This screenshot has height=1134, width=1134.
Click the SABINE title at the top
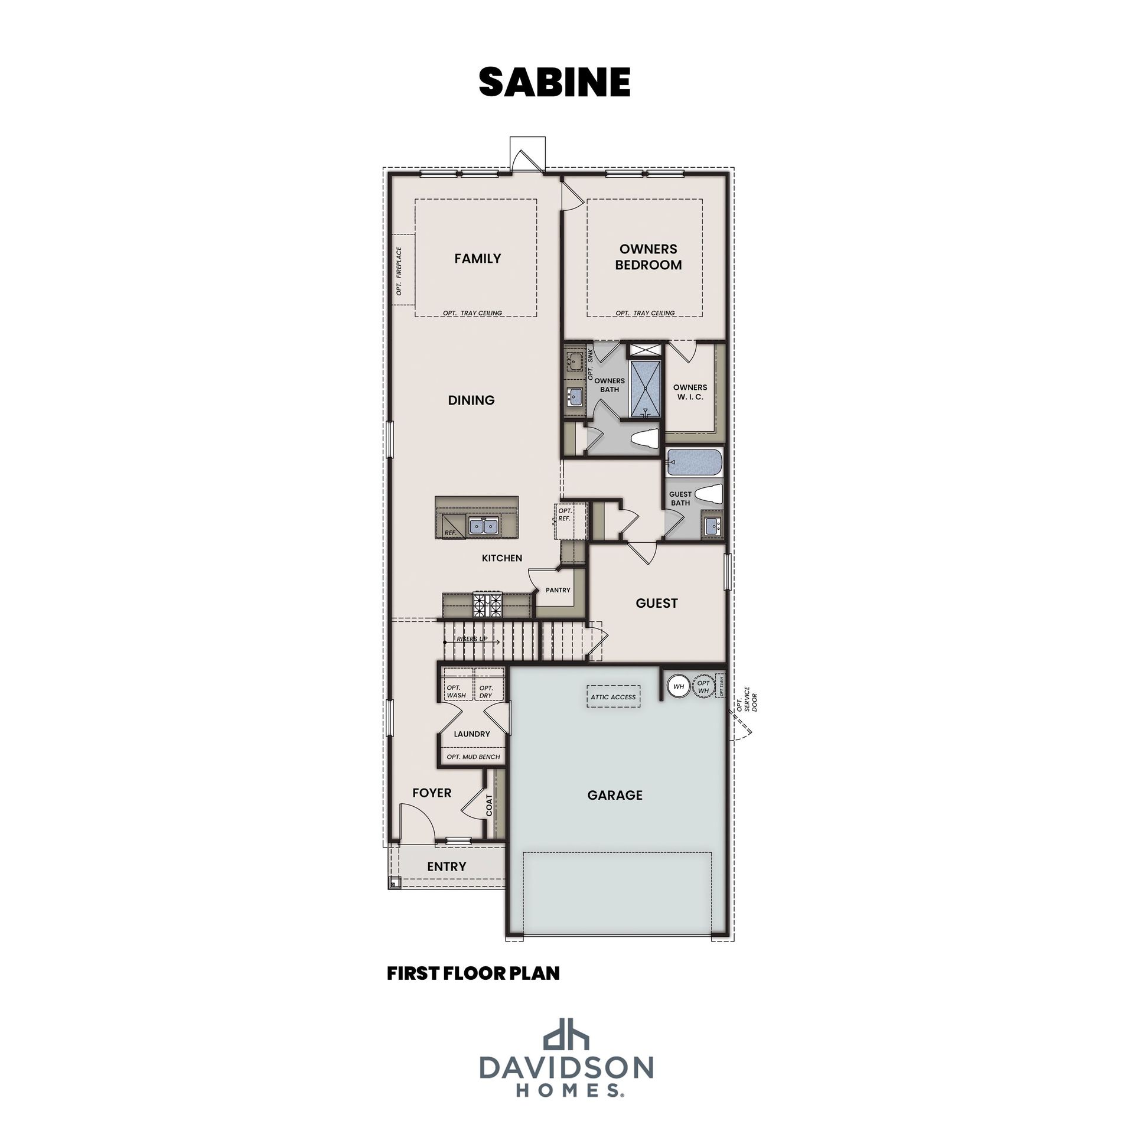555,82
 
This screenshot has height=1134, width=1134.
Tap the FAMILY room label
478,258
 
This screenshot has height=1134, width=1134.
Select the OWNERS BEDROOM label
649,257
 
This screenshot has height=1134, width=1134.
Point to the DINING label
471,400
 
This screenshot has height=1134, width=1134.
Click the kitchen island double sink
484,525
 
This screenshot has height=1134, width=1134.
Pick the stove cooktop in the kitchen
487,605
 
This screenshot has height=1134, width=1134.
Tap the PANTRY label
558,589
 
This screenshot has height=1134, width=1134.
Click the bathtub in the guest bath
694,462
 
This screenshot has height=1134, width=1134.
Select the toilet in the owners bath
644,439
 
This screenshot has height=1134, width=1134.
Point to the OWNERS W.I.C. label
690,392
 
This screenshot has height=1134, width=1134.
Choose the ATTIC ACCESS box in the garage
614,697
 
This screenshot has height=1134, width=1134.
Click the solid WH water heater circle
679,687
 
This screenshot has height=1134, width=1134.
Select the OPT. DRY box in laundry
490,685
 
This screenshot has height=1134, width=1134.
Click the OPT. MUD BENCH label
473,757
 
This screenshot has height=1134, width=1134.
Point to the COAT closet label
489,805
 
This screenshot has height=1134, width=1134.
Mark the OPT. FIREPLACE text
399,271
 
